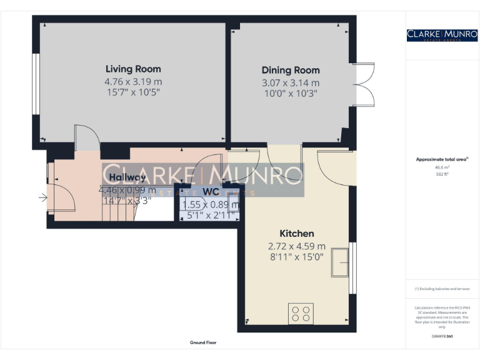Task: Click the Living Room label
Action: click(133, 69)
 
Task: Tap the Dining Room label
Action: click(291, 70)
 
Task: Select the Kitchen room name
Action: click(297, 233)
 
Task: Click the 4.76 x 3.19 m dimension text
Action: click(133, 81)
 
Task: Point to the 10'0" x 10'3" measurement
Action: click(291, 93)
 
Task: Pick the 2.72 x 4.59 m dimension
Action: click(297, 246)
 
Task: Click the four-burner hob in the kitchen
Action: click(301, 313)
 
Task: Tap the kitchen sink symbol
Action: click(341, 261)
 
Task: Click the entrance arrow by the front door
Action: click(42, 199)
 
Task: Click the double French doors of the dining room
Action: click(364, 85)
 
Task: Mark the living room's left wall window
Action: click(36, 84)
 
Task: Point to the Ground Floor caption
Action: click(203, 342)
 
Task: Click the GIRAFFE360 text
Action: click(442, 336)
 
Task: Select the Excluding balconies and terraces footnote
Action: click(442, 289)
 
